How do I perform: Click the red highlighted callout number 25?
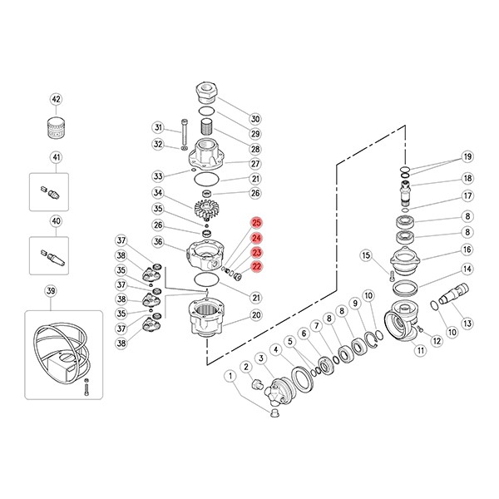[256, 223]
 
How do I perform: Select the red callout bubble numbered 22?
[256, 266]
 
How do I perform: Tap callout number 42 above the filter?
[56, 99]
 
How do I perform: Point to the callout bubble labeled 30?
[255, 119]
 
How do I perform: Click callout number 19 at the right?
[467, 156]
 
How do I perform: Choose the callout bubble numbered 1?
[230, 376]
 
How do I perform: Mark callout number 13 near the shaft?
[467, 324]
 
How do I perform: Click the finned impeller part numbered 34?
[206, 209]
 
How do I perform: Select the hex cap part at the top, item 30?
[207, 92]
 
